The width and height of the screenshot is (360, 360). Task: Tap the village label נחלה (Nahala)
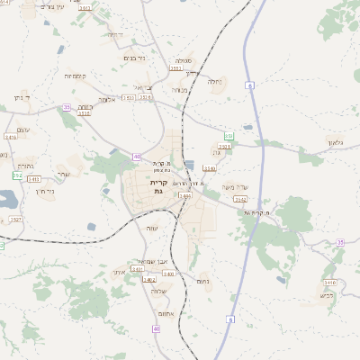(215, 81)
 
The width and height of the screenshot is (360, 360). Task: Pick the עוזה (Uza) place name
(152, 229)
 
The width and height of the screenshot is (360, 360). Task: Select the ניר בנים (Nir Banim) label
(130, 58)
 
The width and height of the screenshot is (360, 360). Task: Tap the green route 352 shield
(17, 175)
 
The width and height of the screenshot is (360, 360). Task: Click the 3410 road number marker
(11, 137)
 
